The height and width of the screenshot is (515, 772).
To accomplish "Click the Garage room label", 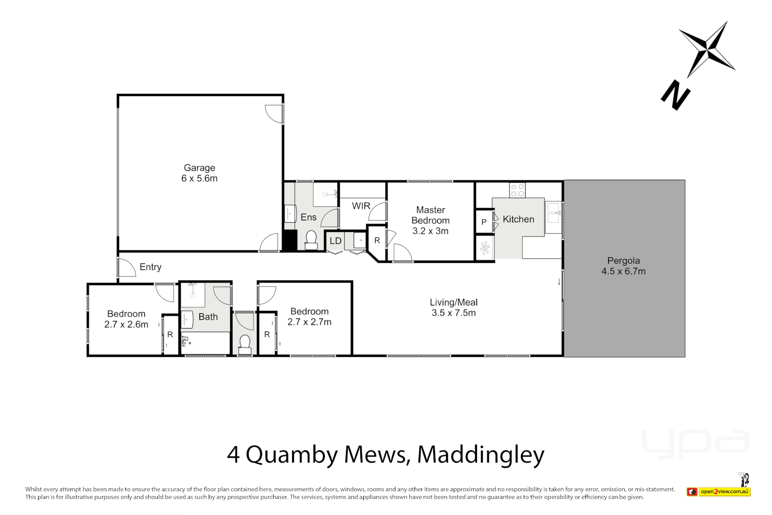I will (199, 168).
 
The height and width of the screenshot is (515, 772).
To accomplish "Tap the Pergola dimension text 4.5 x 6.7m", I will (623, 271).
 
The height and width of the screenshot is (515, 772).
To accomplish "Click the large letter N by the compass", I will (675, 95).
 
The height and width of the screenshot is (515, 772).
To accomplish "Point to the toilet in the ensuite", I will (311, 240).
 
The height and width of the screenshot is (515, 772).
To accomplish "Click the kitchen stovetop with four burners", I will (517, 190).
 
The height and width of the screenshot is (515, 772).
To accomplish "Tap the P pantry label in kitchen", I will (484, 222).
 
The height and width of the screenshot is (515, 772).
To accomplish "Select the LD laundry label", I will (335, 241).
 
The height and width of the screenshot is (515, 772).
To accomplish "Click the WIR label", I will (361, 206).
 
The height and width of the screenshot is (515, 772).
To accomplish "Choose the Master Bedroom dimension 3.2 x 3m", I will (430, 231).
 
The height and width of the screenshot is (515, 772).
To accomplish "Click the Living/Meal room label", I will (453, 302).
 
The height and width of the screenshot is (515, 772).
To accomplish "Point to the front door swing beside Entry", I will (127, 268).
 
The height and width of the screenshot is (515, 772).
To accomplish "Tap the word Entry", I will (151, 267).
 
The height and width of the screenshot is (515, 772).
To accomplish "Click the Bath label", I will (208, 317).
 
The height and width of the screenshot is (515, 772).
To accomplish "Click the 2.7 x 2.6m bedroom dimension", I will (126, 324).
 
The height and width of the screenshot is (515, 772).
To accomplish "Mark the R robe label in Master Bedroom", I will (377, 241).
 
